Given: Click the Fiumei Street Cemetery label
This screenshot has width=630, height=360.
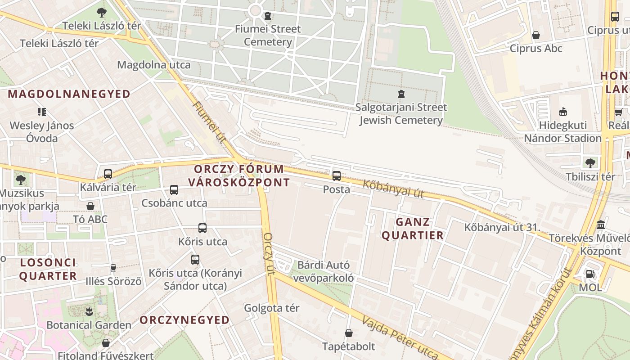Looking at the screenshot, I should tap(268, 36).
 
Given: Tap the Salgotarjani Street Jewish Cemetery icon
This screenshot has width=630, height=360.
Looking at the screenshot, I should tap(401, 94).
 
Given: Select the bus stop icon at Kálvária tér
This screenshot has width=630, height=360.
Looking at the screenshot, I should tap(108, 174).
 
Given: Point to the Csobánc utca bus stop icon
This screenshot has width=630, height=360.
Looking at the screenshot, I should tap(174, 190).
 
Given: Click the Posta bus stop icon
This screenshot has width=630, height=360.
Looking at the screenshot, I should tap(337, 176).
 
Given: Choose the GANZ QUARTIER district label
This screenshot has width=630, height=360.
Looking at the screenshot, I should tap(413, 229).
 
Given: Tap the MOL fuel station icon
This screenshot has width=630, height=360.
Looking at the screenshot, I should tap(589, 274).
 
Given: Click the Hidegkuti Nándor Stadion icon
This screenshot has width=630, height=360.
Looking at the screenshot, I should tap(562, 112).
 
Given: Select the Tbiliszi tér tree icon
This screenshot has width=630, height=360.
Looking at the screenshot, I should tap(590, 163).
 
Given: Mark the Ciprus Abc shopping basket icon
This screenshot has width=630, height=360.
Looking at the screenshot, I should tap(536, 35).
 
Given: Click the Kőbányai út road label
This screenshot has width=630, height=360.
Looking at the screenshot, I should tap(393, 189).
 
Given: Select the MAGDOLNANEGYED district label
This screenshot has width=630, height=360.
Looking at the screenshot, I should tap(69, 94).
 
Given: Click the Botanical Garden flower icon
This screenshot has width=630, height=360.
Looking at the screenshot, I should tap(89, 311).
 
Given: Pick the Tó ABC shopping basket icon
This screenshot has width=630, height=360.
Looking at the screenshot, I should tap(90, 206).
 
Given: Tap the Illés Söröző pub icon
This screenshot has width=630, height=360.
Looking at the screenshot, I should tap(113, 268).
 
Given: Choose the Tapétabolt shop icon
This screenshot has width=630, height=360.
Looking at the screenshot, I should tap(348, 333).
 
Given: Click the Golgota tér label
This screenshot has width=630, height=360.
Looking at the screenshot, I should tap(271, 308).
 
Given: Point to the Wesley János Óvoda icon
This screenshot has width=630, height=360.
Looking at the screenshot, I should tap(42, 112).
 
